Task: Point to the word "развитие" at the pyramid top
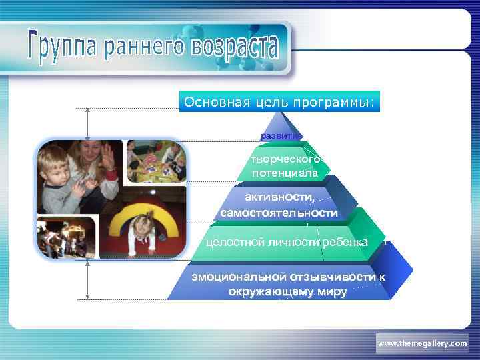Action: pos(279,135)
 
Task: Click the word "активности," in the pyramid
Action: pos(279,197)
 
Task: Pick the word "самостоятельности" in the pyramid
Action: pos(279,213)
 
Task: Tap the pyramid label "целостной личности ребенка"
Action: pos(287,241)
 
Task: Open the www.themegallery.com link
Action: pos(422,343)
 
